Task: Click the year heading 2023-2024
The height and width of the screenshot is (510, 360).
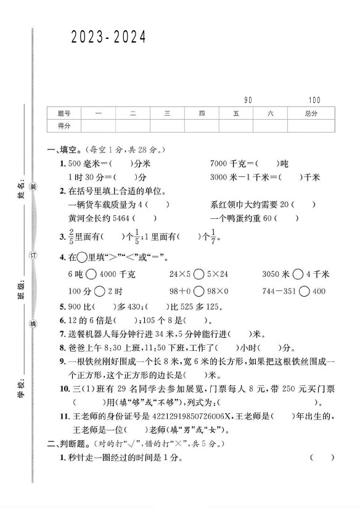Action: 108,38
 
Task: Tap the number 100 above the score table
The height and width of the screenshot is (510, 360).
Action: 314,100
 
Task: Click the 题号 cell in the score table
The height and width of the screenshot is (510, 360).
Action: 64,113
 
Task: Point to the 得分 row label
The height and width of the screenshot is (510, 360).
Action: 64,125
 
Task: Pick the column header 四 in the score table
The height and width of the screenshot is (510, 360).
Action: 202,113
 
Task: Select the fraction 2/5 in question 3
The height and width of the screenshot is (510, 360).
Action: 72,236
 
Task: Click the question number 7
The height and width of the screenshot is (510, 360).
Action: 62,335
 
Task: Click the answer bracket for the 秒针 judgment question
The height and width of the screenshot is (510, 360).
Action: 322,458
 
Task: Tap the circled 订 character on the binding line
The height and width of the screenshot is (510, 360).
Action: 35,255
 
